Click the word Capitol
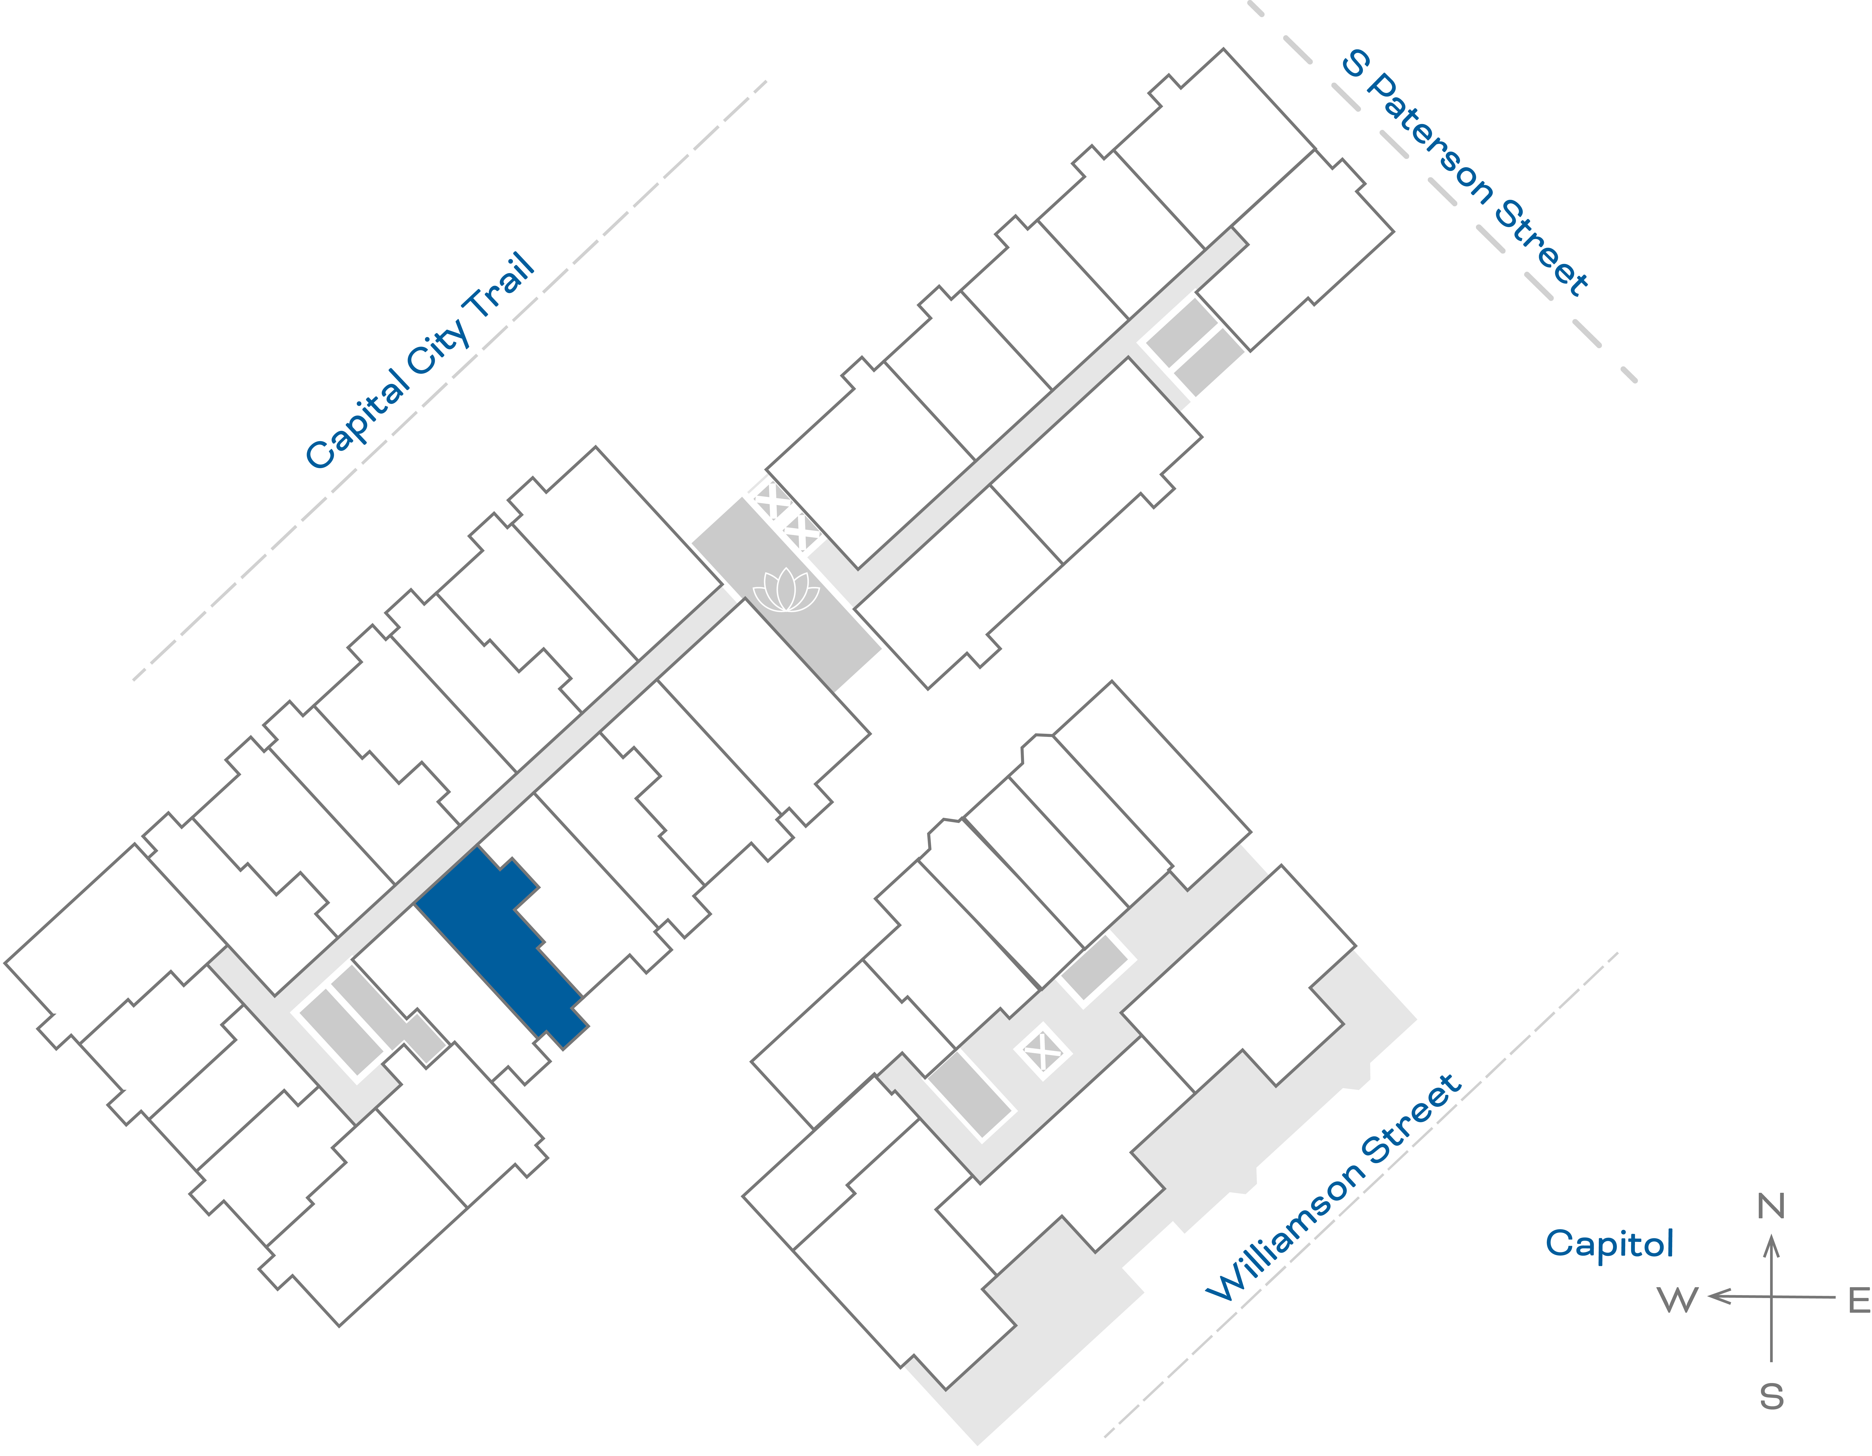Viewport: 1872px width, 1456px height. click(x=1609, y=1243)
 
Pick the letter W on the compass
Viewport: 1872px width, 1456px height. click(x=1677, y=1300)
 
